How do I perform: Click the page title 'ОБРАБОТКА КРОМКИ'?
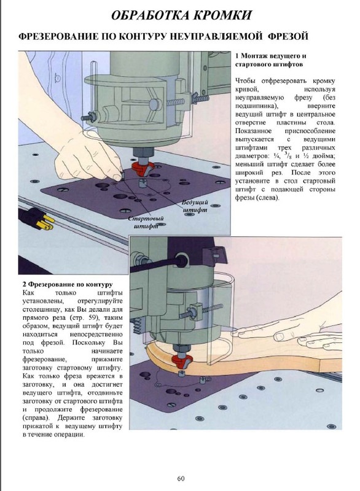(x=179, y=15)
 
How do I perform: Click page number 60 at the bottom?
(x=181, y=479)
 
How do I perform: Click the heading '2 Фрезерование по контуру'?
(x=67, y=285)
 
